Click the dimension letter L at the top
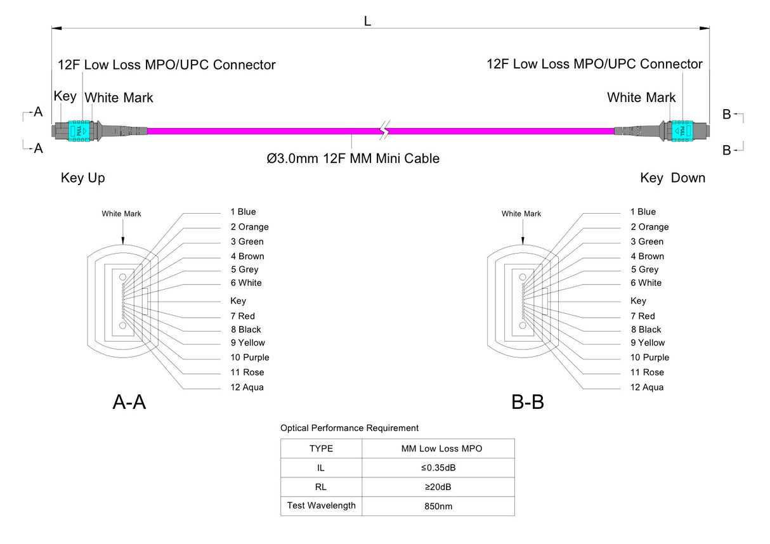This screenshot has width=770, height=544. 367,21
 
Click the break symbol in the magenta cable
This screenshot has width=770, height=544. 383,130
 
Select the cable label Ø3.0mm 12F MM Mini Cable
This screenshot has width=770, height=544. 353,159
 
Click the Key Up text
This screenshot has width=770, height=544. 83,178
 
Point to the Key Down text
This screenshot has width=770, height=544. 672,178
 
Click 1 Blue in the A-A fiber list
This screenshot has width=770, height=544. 243,212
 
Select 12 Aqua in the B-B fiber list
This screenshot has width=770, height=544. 646,387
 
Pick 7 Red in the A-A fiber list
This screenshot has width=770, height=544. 242,316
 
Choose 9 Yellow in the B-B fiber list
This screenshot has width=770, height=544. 647,343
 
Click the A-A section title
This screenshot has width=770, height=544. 129,402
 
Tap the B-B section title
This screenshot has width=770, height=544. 528,402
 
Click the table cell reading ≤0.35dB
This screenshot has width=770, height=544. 438,468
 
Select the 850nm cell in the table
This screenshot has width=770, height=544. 438,507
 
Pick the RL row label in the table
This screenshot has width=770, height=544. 321,487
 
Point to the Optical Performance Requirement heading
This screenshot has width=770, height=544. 349,428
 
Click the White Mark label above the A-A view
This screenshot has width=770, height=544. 121,214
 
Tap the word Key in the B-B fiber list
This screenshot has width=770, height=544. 638,301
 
